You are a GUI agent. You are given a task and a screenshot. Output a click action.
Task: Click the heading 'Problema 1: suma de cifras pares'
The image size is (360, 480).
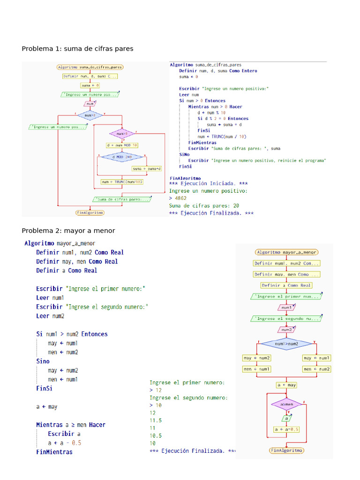pos(77,49)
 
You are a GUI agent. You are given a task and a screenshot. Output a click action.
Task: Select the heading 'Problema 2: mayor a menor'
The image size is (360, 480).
pos(68,231)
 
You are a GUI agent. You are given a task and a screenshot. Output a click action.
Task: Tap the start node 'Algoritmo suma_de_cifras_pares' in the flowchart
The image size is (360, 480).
pos(90,67)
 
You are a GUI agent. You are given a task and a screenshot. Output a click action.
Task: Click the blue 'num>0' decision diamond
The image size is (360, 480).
pos(90,114)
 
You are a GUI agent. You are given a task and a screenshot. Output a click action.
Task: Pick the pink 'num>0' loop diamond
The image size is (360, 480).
pos(122,134)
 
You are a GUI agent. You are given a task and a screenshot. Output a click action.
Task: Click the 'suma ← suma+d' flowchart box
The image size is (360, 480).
pos(146,169)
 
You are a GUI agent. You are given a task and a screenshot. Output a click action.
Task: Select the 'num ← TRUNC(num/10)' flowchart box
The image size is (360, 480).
pos(122,182)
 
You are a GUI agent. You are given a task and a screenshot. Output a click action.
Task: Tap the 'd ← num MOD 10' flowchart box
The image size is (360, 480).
pos(122,145)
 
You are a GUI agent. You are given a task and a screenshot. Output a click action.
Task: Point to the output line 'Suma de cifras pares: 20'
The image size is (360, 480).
pos(204,205)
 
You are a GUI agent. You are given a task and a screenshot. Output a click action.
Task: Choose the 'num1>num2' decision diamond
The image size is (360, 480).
pos(286,344)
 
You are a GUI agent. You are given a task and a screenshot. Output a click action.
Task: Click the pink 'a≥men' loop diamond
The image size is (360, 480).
pos(286,404)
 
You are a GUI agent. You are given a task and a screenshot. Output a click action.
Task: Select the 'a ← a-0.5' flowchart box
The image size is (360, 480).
pos(286,429)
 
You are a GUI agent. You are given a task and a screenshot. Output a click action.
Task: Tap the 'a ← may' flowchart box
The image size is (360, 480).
pos(286,385)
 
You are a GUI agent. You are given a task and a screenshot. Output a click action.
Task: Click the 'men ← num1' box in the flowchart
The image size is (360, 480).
pos(256,369)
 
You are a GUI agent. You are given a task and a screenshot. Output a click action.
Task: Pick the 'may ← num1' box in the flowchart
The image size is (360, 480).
pos(317,358)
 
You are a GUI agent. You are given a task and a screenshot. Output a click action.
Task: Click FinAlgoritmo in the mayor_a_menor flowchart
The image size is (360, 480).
pos(286,450)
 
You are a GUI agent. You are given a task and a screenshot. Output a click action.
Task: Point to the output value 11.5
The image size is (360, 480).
pos(156,420)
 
